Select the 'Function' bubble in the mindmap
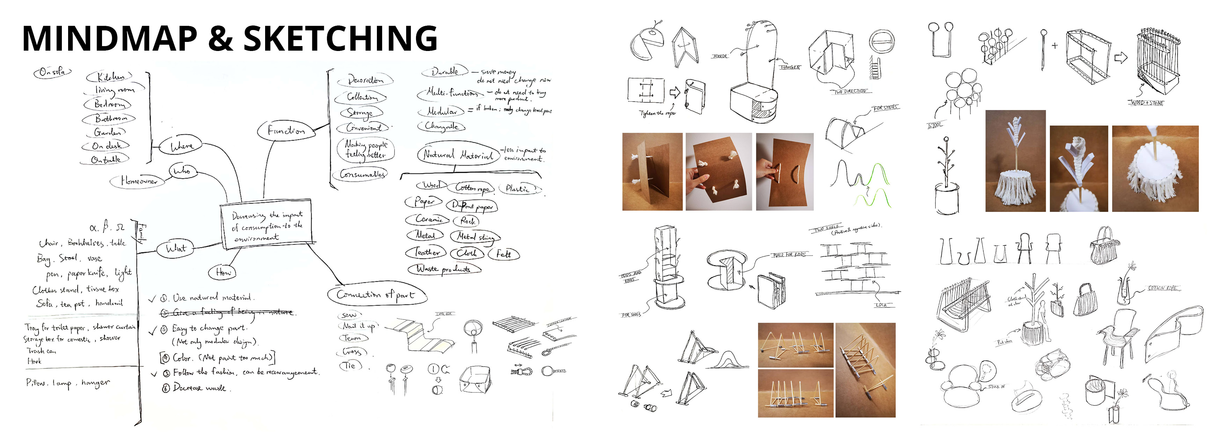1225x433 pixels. tap(286, 130)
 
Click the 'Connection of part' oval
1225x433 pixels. tap(376, 295)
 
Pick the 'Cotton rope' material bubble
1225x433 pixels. tap(472, 188)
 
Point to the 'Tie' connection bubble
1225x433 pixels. tap(350, 366)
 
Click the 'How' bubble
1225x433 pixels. tap(223, 272)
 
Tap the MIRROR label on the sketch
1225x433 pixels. tap(720, 56)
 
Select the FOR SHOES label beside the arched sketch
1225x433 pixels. tap(885, 108)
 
